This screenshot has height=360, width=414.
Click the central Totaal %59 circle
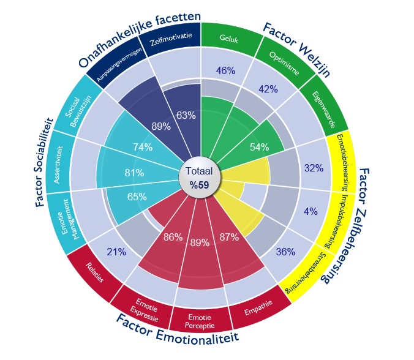point(201,178)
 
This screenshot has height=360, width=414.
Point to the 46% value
point(225,70)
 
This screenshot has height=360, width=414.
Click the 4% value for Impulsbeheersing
point(310,212)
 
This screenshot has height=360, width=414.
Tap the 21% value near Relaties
point(116,251)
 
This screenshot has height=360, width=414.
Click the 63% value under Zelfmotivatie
point(186,115)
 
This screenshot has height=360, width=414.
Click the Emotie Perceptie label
point(200,321)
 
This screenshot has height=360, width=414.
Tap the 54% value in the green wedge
point(260,148)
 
